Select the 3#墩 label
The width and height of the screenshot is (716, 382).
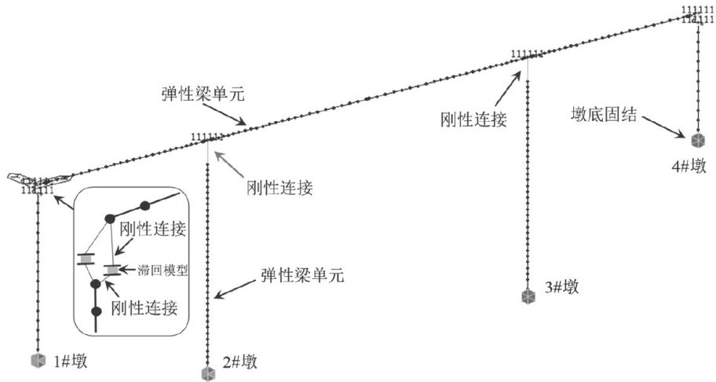[x=562, y=287]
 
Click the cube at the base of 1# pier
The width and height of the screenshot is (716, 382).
[x=37, y=360]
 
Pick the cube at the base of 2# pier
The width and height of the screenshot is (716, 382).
[x=207, y=373]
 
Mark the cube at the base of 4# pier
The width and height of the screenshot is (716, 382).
[x=697, y=141]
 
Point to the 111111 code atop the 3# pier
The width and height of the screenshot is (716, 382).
[x=527, y=54]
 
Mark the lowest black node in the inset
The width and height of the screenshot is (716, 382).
[x=96, y=312]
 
